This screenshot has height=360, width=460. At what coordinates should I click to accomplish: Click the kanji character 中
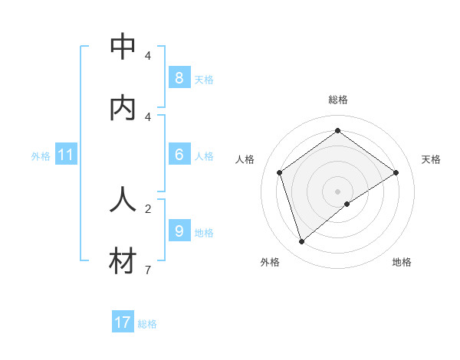click(x=123, y=47)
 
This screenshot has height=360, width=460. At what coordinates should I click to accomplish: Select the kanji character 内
click(x=123, y=108)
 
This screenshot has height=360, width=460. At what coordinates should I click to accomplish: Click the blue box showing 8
click(x=179, y=77)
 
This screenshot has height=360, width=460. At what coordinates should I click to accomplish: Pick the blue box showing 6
click(x=179, y=154)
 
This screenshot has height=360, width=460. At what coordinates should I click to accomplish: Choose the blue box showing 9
click(x=179, y=230)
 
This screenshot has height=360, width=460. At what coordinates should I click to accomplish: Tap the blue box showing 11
click(x=66, y=155)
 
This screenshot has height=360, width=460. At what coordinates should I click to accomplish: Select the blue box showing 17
click(x=123, y=322)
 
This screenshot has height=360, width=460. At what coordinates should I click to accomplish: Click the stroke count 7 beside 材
click(x=147, y=270)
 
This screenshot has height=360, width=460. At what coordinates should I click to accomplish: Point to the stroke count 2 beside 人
click(x=147, y=208)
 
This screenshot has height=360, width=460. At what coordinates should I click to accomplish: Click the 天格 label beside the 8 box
click(x=204, y=79)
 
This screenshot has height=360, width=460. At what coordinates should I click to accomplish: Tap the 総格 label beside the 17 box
click(x=147, y=324)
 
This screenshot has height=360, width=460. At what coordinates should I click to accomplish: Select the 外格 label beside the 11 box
click(x=41, y=156)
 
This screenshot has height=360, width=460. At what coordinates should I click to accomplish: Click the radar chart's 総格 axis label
click(x=338, y=100)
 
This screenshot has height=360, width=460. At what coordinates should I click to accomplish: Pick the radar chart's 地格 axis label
click(x=402, y=262)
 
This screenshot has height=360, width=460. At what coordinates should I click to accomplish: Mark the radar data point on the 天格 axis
click(x=396, y=172)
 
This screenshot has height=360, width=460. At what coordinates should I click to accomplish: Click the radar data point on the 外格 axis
click(x=301, y=242)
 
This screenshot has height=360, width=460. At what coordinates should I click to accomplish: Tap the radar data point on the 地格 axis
click(x=347, y=204)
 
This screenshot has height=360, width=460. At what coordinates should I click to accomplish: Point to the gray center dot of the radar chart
click(x=338, y=191)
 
